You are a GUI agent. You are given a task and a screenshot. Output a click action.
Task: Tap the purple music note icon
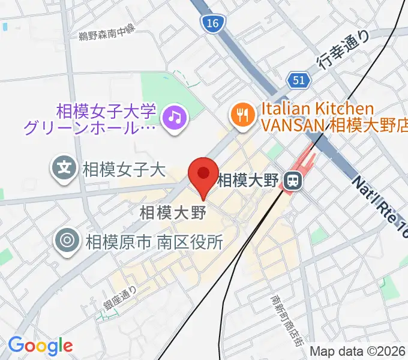(x=175, y=116)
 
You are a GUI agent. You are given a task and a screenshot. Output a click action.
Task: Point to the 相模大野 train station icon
(x=292, y=179)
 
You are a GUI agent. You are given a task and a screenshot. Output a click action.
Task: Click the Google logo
(x=40, y=345)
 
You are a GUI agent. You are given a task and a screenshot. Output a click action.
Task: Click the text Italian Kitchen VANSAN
(x=317, y=118)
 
